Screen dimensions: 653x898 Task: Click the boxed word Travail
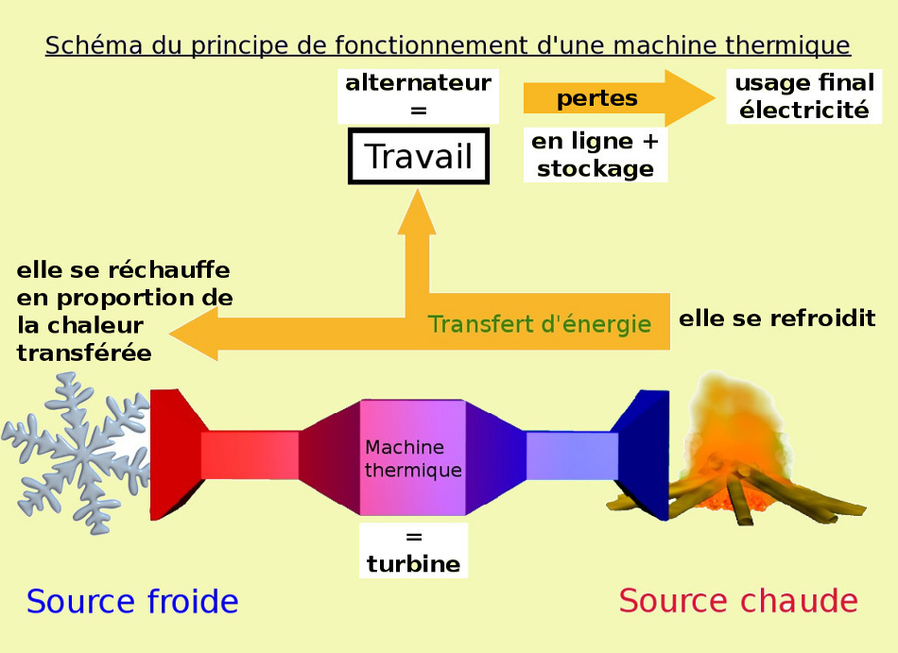[x=418, y=156]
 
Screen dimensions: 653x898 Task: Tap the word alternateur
[x=418, y=83]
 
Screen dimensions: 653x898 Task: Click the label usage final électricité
[x=804, y=96]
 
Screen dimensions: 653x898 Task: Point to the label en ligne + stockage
[x=596, y=155]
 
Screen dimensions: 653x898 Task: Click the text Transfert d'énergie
[x=539, y=324]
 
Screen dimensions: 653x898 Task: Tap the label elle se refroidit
[x=777, y=318]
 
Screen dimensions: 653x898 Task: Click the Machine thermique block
[x=413, y=458]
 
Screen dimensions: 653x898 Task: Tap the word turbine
[x=413, y=564]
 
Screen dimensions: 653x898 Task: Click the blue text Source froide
[x=132, y=601]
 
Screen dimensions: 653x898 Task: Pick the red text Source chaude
[x=738, y=600]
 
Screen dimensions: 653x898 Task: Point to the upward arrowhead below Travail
[x=417, y=213]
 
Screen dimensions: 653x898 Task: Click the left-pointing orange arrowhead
[x=194, y=335]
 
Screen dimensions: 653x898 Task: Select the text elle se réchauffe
[x=123, y=270]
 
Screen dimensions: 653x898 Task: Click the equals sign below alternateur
[x=418, y=111]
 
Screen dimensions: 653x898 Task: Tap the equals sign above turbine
[x=413, y=538]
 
